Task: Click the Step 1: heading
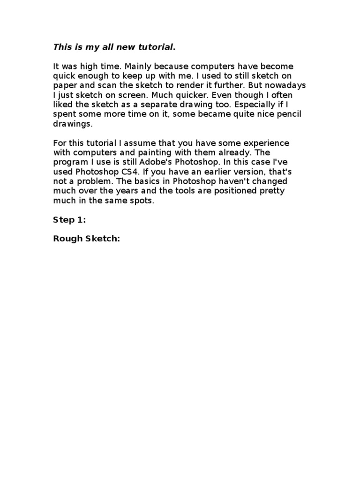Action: [69, 220]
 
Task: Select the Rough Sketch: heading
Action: [87, 239]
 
